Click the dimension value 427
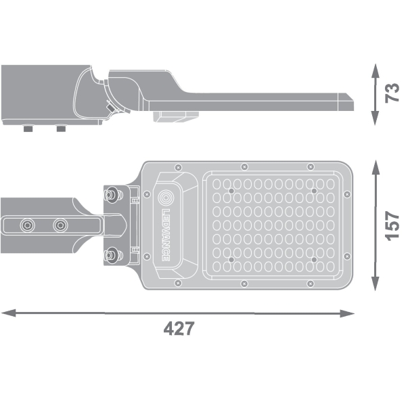(179, 328)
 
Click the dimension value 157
(392, 226)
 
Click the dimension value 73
(392, 93)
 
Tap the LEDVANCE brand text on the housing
(166, 235)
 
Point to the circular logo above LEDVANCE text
(166, 198)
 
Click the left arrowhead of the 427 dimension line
(8, 313)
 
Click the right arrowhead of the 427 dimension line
(347, 313)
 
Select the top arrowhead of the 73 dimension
(376, 70)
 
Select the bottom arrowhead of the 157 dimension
(376, 284)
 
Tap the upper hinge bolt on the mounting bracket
(112, 194)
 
